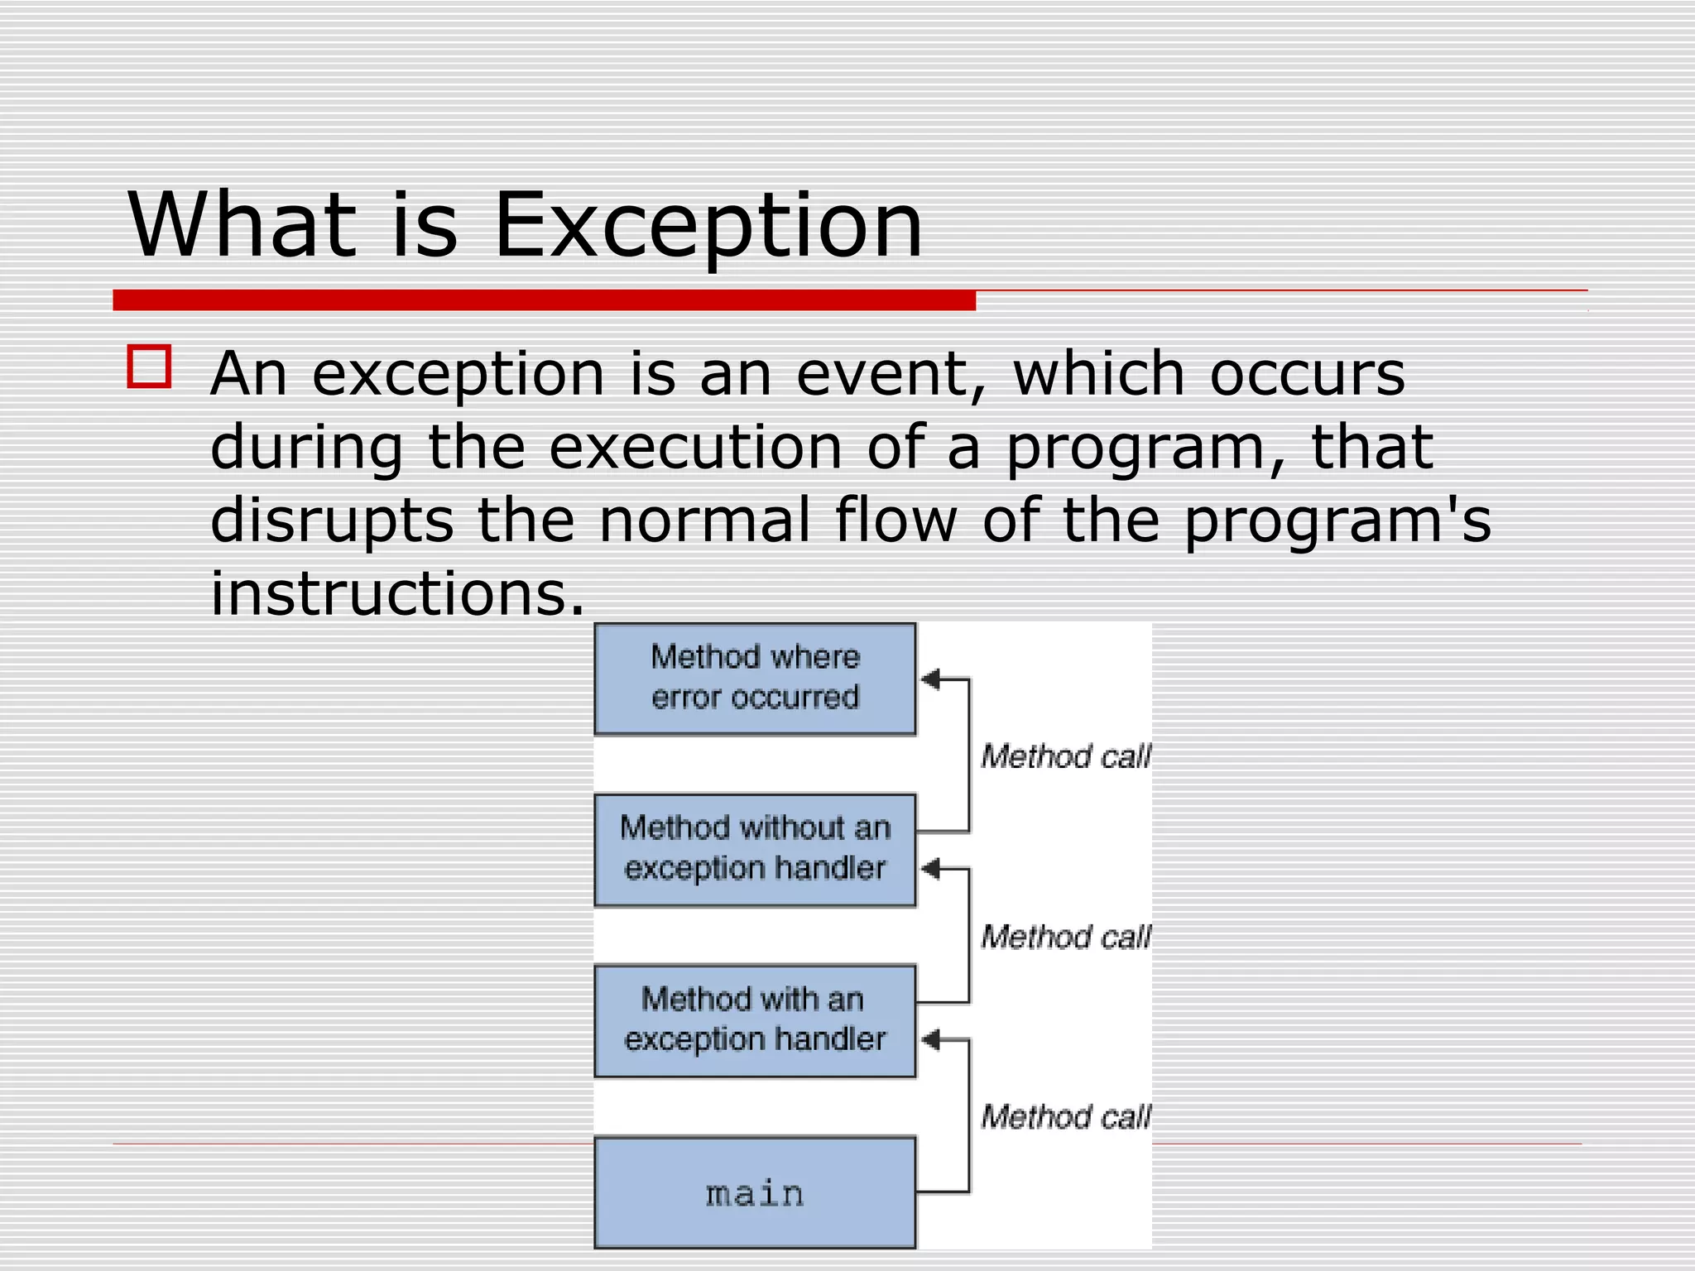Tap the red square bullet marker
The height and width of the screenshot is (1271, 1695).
tap(150, 367)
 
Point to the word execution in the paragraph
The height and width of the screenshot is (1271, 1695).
tap(695, 448)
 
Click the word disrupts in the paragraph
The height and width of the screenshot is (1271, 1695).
tap(332, 521)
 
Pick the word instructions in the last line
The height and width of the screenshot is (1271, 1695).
tap(397, 593)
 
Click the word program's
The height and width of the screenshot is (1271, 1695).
tap(1337, 521)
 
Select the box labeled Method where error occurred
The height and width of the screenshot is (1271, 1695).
tap(755, 679)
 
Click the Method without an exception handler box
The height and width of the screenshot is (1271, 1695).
tap(755, 849)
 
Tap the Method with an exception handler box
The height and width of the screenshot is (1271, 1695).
tap(755, 1020)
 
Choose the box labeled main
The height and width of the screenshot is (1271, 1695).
tap(755, 1192)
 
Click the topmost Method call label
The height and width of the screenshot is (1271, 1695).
tap(1065, 756)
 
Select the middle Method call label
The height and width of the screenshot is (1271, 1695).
tap(1065, 937)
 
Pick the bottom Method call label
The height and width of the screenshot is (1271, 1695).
tap(1065, 1117)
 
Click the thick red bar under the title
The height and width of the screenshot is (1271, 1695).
tap(544, 300)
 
